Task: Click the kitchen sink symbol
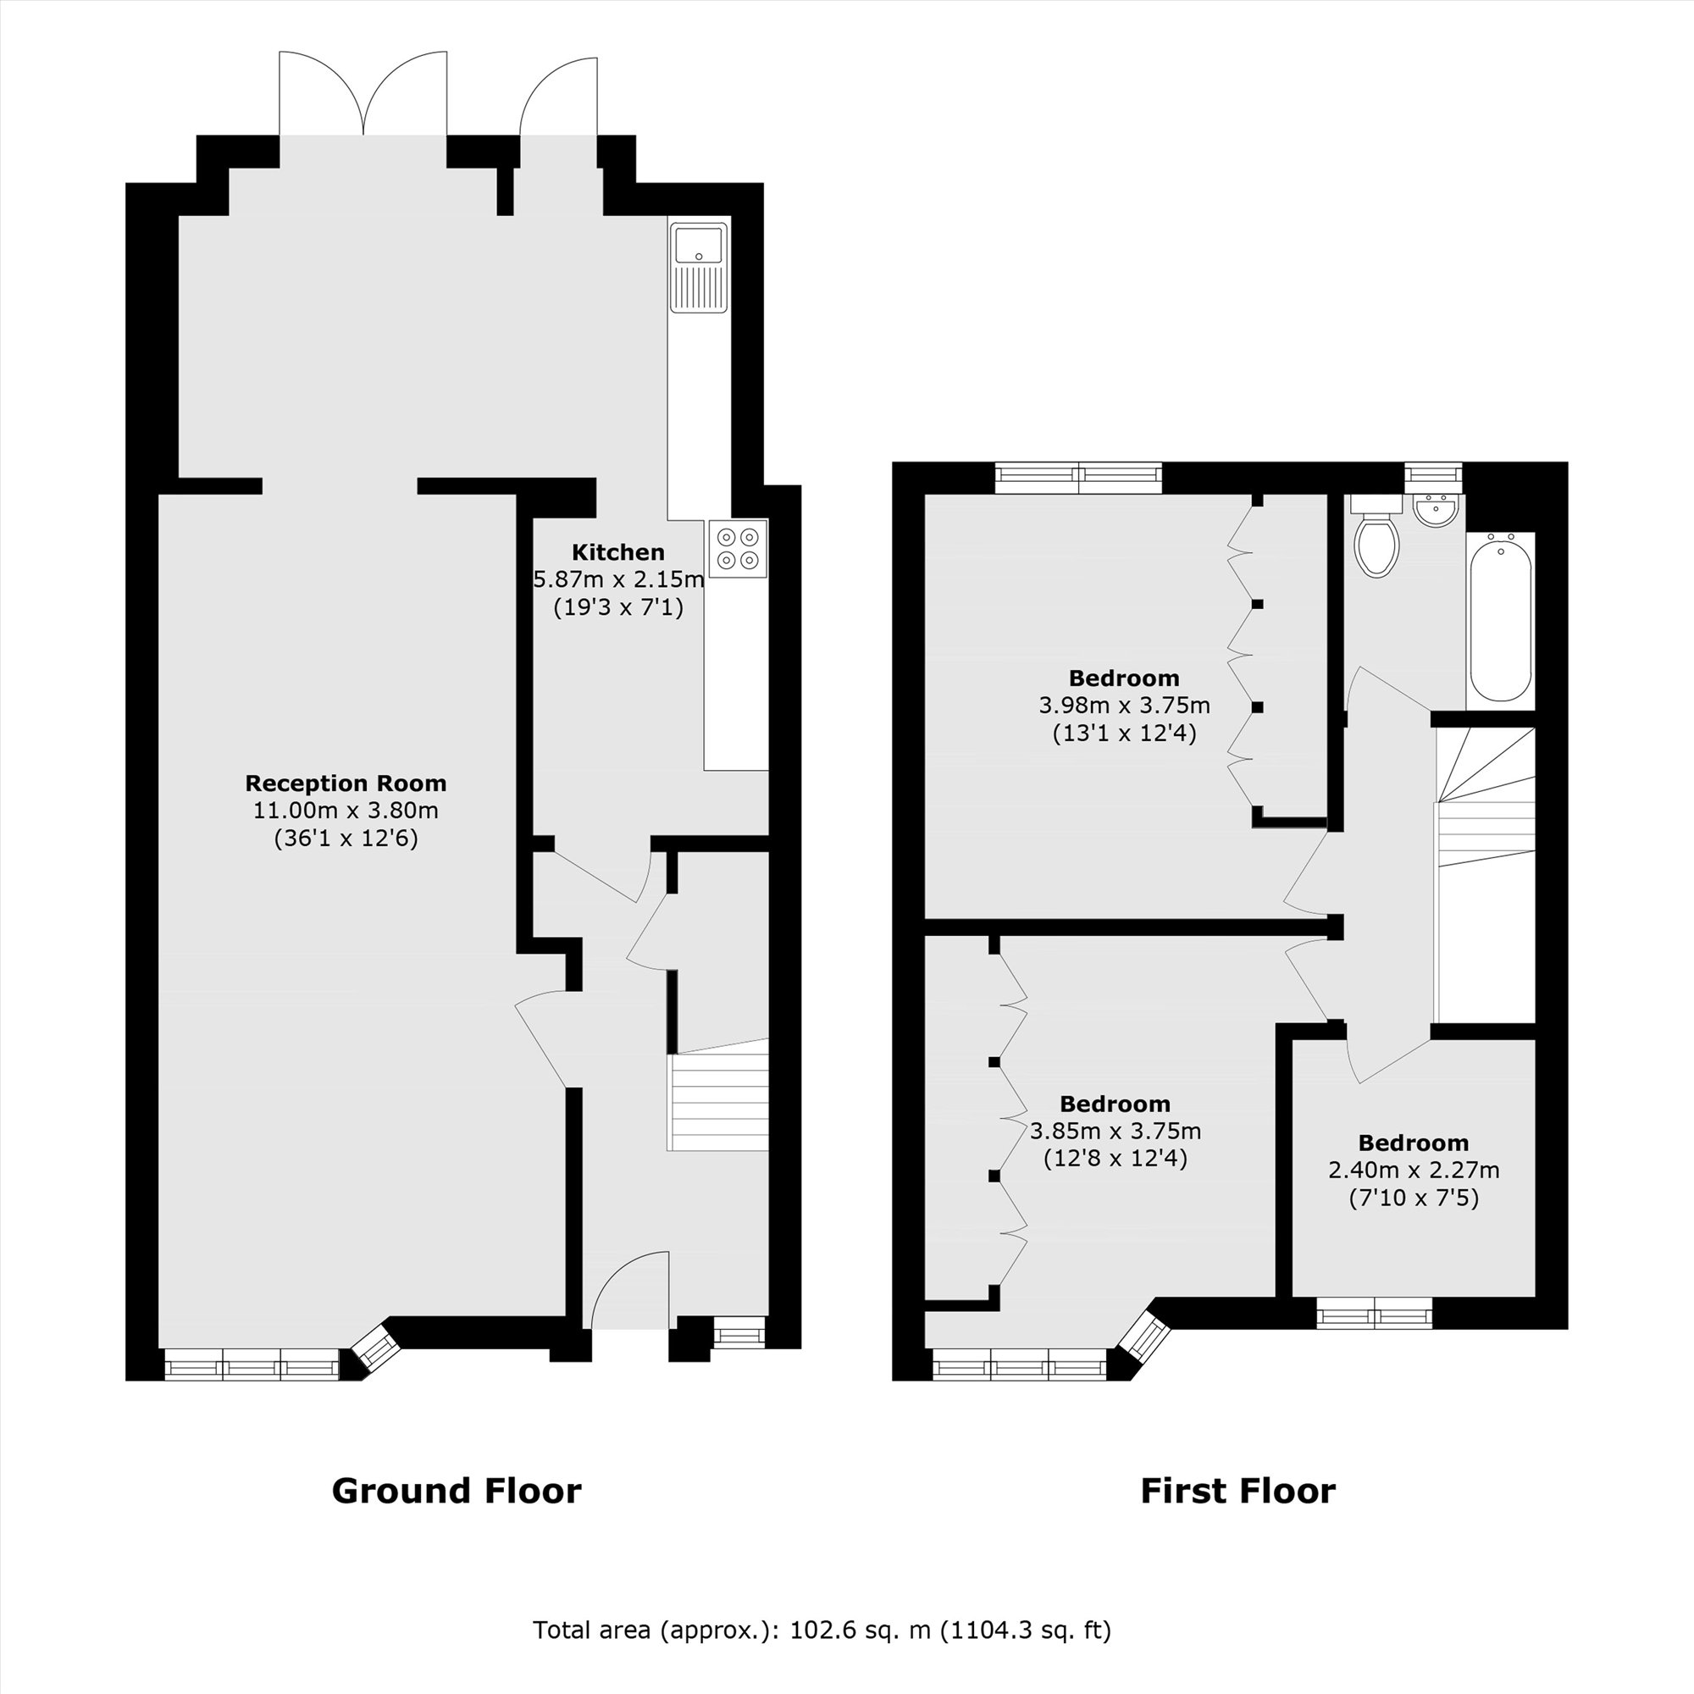click(699, 267)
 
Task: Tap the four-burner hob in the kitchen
click(738, 548)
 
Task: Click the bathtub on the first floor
click(1500, 619)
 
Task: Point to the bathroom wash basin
click(1437, 512)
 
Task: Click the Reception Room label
click(346, 783)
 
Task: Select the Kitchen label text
click(618, 552)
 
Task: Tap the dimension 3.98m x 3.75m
click(1124, 705)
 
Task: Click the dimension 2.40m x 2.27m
click(1414, 1170)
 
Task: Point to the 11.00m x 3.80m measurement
click(346, 811)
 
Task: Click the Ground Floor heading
click(456, 1491)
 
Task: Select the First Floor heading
click(1237, 1491)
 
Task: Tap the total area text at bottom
click(822, 1630)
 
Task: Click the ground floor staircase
click(718, 1101)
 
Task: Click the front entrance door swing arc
click(628, 1290)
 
